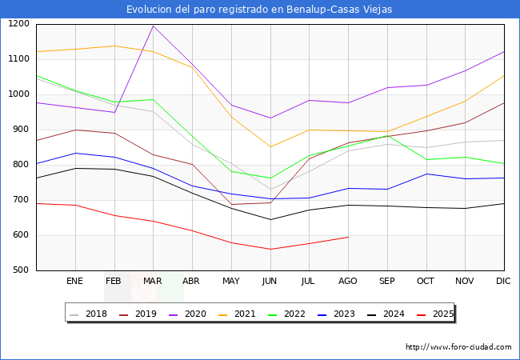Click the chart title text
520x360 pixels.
click(259, 9)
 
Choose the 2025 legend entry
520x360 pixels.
click(442, 314)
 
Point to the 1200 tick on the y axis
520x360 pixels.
click(18, 24)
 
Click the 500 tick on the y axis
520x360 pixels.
click(22, 270)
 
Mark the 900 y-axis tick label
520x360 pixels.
click(22, 130)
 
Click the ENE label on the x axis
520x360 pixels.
click(75, 282)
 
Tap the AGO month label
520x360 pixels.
click(348, 282)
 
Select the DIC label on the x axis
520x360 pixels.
click(503, 282)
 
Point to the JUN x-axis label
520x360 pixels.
click(270, 282)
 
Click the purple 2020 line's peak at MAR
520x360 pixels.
click(153, 26)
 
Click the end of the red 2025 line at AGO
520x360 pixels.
click(348, 237)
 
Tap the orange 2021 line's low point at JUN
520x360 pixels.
click(270, 146)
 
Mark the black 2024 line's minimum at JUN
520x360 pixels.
click(270, 220)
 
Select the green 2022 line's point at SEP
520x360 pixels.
click(387, 135)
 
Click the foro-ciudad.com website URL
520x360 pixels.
click(458, 347)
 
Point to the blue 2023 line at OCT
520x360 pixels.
click(426, 174)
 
